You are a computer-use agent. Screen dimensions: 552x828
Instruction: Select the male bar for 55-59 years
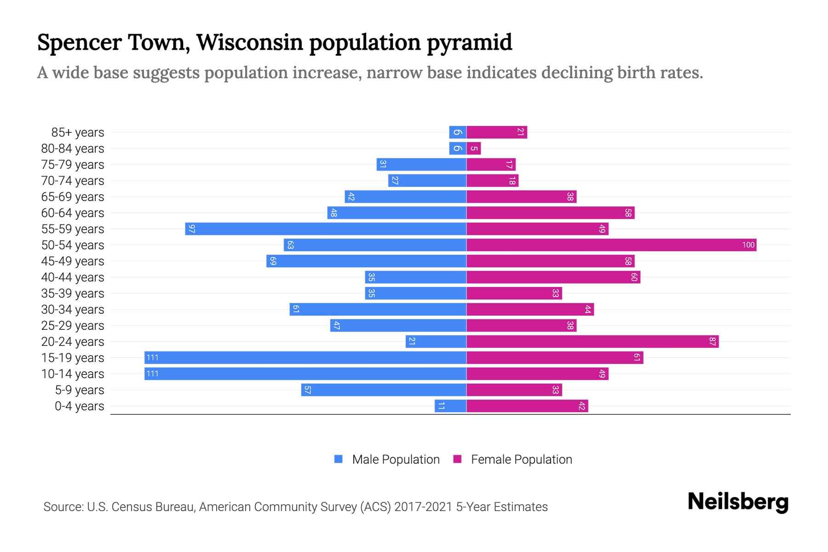coord(326,229)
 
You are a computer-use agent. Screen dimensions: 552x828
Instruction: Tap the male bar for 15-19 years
coord(305,357)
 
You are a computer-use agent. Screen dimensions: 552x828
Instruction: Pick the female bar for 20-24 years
coord(592,341)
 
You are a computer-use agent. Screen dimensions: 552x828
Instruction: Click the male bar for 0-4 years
coord(450,406)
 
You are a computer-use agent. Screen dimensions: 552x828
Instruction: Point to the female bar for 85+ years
coord(497,132)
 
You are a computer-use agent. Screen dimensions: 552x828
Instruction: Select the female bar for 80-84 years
coord(474,148)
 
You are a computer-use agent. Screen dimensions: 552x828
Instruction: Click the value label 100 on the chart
coord(748,245)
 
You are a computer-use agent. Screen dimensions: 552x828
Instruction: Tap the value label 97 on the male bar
coord(192,229)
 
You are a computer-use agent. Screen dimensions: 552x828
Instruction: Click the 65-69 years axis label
coord(73,197)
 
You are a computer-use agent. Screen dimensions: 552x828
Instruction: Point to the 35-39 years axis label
coord(73,293)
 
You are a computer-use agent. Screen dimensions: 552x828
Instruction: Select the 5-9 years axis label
coord(79,390)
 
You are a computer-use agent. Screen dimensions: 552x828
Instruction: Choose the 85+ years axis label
coord(77,132)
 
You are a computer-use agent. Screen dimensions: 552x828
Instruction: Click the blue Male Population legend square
coord(339,459)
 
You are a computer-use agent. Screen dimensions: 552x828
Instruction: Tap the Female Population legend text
coord(521,459)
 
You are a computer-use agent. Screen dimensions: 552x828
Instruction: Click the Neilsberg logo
coord(738,501)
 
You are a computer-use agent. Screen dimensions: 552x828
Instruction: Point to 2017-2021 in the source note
coord(423,507)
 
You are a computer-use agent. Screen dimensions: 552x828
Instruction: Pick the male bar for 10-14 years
coord(305,374)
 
